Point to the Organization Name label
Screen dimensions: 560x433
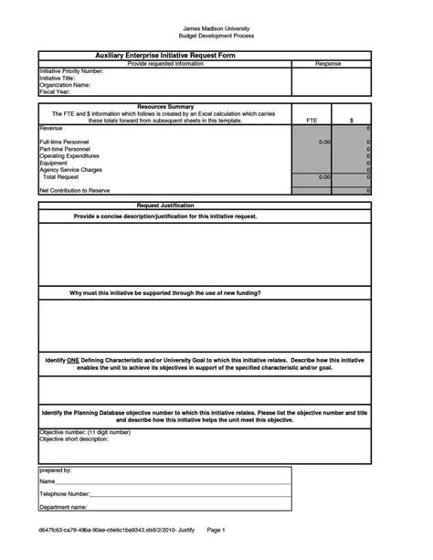point(65,84)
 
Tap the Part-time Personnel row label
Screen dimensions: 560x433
point(65,150)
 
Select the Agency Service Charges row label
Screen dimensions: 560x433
point(70,170)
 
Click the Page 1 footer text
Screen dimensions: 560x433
point(216,530)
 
